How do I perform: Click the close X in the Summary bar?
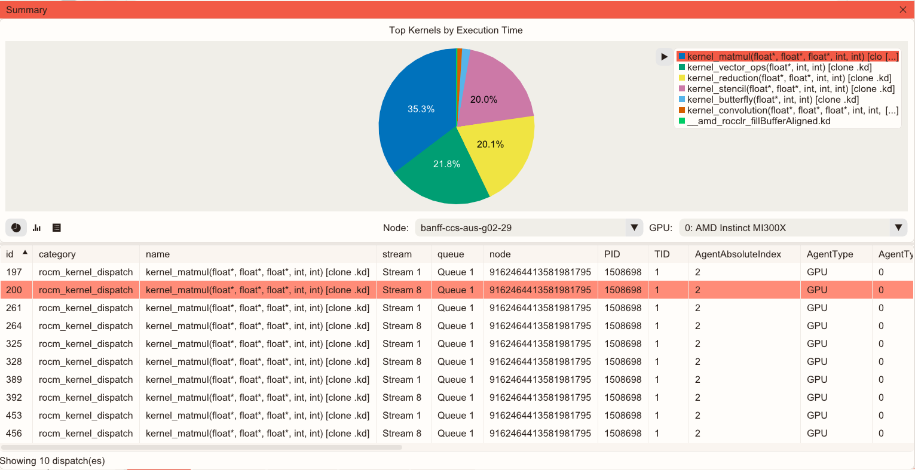tap(903, 10)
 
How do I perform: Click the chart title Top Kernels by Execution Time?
tap(455, 30)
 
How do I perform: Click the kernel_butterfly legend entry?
tap(772, 100)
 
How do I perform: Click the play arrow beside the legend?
tap(664, 57)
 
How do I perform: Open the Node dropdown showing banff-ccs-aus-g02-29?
tap(528, 228)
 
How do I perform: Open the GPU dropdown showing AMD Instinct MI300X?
tap(792, 228)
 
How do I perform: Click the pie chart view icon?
tap(16, 228)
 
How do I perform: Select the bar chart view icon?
tap(36, 228)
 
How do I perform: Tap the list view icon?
tap(57, 228)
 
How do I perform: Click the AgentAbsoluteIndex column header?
tap(737, 254)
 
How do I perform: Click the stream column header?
tap(397, 254)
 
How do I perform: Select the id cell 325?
tap(14, 344)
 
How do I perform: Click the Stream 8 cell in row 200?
tap(402, 290)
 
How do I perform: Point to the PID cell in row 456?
tap(623, 434)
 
